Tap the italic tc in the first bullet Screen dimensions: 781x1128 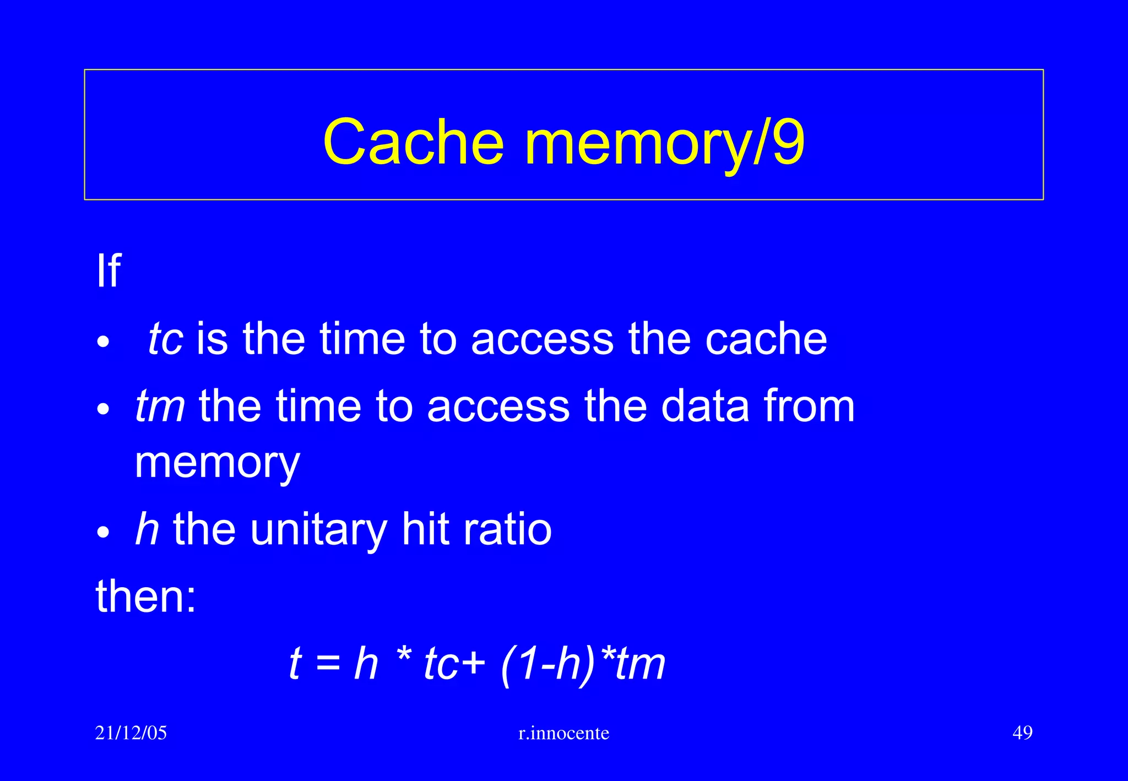click(165, 339)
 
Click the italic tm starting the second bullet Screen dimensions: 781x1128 click(160, 406)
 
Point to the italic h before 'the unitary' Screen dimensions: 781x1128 click(147, 529)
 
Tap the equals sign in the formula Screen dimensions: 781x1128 click(329, 664)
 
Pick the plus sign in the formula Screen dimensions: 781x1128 click(474, 664)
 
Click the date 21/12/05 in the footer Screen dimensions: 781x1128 click(131, 733)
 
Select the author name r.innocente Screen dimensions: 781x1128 click(563, 733)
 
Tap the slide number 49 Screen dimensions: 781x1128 click(1022, 733)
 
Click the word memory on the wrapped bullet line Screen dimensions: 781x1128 click(217, 463)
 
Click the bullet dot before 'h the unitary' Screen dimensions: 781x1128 click(103, 533)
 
